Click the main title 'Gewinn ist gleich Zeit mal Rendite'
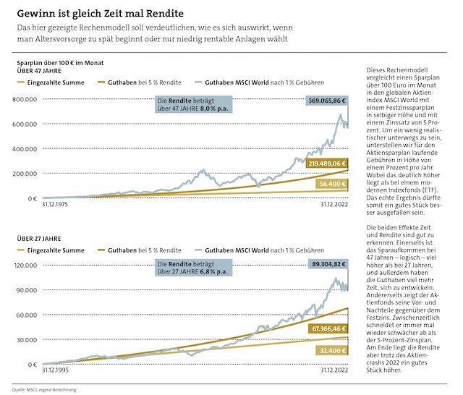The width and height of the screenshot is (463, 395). point(100,13)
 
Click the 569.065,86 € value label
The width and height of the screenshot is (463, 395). point(327,102)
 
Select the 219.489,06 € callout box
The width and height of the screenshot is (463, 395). point(327,164)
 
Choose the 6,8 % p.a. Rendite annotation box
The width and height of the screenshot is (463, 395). point(192,269)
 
